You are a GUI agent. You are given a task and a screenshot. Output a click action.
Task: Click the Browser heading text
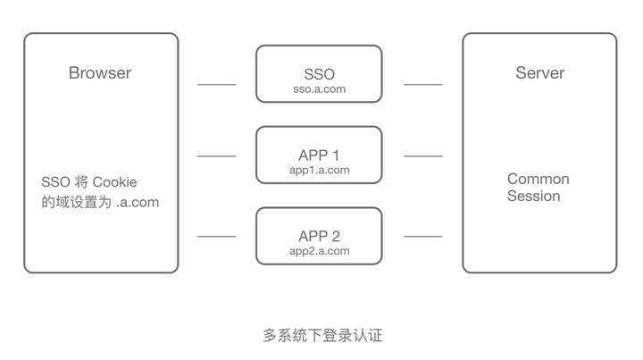click(x=100, y=73)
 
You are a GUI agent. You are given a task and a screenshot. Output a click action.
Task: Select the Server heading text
click(x=539, y=73)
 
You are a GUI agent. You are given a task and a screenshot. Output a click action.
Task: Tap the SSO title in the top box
click(x=319, y=73)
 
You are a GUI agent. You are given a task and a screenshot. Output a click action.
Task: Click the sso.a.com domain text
click(x=319, y=89)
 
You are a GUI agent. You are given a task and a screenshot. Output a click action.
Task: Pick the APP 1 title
click(x=319, y=155)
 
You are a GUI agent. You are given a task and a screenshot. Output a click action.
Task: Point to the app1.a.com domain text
click(x=319, y=170)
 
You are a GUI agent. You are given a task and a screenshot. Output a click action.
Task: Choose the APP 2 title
click(x=319, y=236)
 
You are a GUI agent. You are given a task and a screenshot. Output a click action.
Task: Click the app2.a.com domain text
click(x=319, y=251)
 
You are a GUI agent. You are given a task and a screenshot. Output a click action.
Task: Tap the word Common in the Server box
click(x=538, y=179)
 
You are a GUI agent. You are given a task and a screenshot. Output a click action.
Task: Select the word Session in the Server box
click(x=533, y=196)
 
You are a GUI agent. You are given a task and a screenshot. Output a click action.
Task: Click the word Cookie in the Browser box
click(x=115, y=182)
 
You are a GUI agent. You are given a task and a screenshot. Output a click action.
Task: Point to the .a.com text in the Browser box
click(x=138, y=202)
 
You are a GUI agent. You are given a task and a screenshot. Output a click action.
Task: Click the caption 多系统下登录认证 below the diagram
click(x=322, y=336)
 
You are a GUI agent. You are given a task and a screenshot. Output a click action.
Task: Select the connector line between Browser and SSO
click(x=216, y=85)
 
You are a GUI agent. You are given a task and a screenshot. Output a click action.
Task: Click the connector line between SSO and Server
click(x=422, y=85)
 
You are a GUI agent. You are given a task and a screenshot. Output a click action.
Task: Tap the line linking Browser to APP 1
click(x=216, y=156)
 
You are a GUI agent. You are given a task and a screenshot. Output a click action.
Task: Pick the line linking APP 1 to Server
click(x=422, y=156)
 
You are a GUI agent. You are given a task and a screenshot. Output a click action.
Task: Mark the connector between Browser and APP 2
click(x=216, y=237)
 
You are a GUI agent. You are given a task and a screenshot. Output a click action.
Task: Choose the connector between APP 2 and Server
click(x=422, y=237)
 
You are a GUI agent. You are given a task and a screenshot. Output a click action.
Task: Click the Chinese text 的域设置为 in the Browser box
click(x=76, y=202)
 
